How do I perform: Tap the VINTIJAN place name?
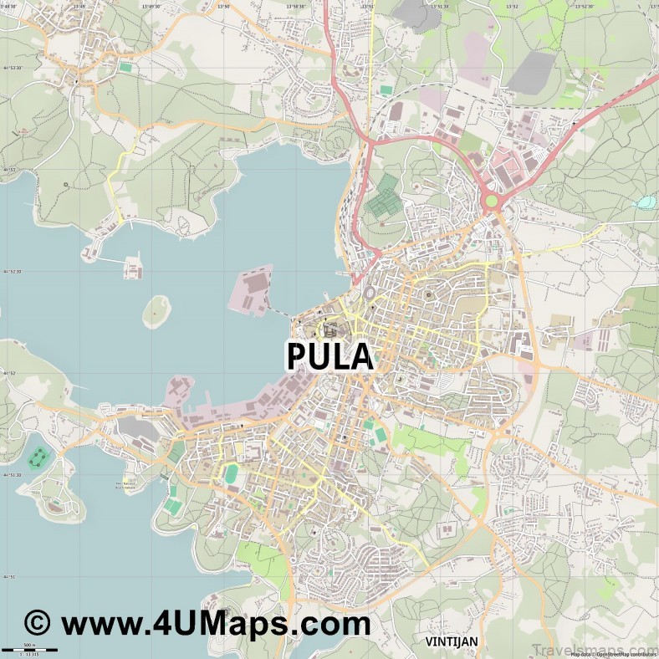coord(451,641)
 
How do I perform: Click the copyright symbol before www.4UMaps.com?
coord(37,624)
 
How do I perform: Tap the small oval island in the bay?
coord(156,312)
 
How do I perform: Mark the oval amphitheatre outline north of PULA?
coord(369,294)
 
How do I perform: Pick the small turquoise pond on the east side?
coord(646,202)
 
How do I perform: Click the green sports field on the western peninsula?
coord(38,457)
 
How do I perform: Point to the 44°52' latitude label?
coord(10,373)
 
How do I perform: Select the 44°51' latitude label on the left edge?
coord(10,577)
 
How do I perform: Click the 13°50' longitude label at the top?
coord(223,6)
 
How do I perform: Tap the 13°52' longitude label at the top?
coord(512,6)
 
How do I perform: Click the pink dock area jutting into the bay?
coord(255,288)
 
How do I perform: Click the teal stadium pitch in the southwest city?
coord(231,474)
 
